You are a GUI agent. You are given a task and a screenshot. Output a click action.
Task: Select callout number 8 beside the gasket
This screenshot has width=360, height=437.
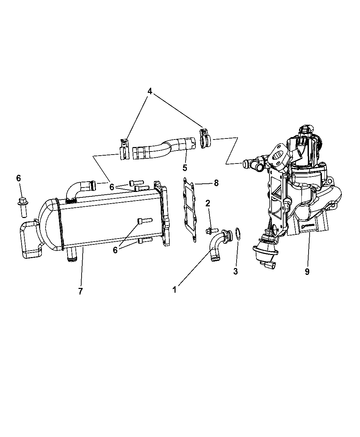[216, 183]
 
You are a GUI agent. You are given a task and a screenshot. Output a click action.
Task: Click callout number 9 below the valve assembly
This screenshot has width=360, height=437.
[307, 271]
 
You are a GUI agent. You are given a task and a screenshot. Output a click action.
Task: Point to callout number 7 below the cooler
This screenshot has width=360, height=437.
[81, 291]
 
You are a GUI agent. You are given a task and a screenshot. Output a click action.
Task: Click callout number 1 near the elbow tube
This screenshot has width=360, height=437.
[175, 290]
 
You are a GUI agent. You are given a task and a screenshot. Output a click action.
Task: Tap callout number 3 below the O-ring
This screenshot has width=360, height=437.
[236, 271]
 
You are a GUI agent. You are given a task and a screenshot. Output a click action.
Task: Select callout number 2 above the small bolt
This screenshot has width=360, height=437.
[208, 204]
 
